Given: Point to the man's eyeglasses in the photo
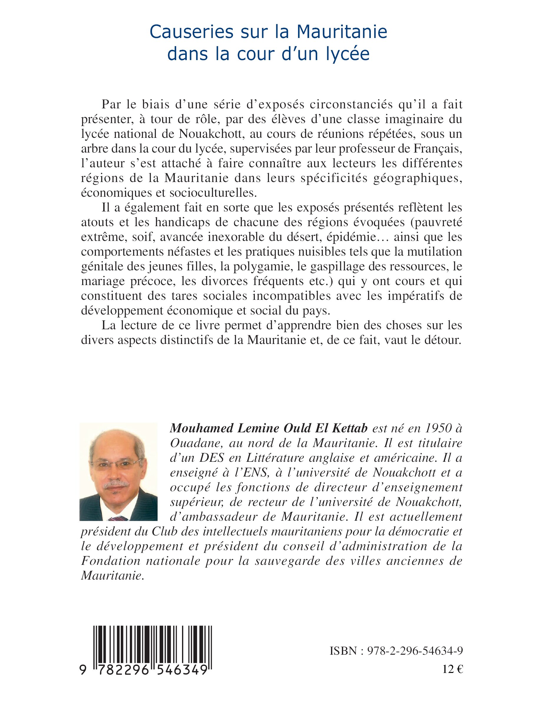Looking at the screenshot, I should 119,465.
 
